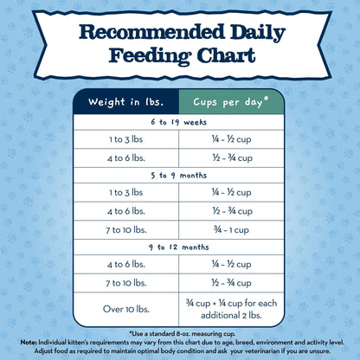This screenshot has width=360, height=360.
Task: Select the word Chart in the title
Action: (227, 56)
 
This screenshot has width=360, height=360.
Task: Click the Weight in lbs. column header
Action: (126, 102)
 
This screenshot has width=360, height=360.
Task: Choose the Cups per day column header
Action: (231, 102)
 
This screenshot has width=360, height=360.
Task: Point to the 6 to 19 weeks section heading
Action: (179, 123)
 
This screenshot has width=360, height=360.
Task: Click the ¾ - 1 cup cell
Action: (228, 231)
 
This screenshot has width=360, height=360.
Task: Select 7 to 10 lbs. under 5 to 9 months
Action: (126, 231)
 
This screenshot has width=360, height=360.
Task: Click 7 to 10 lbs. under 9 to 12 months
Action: (126, 284)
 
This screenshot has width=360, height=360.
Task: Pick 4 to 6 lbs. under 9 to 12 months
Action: (126, 266)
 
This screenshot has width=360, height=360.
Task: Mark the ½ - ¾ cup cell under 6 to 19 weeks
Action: (228, 158)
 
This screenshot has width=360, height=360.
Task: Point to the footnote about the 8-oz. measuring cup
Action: (180, 332)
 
